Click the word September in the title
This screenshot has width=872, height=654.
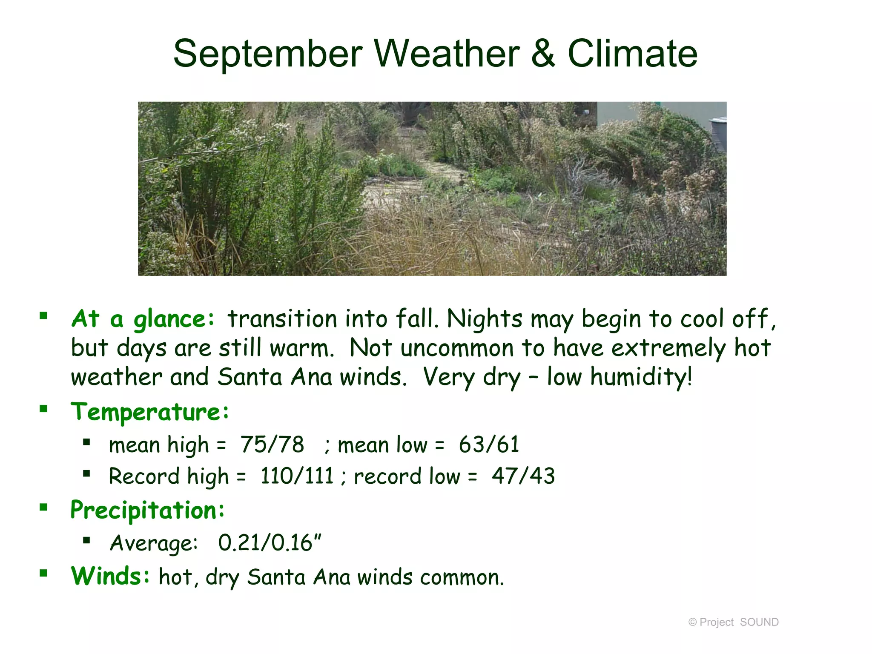267,54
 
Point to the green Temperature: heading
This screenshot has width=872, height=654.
150,412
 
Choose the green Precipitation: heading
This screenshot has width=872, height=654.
147,510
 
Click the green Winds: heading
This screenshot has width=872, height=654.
110,576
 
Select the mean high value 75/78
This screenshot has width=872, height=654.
272,445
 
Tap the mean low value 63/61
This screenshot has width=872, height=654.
489,445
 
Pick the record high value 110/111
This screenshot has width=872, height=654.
297,476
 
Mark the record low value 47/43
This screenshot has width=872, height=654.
523,476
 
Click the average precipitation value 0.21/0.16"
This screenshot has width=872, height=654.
270,543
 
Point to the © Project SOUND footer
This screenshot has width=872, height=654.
733,622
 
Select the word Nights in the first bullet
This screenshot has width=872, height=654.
484,319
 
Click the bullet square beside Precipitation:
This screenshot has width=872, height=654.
43,507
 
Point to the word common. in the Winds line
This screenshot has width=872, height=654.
462,578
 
